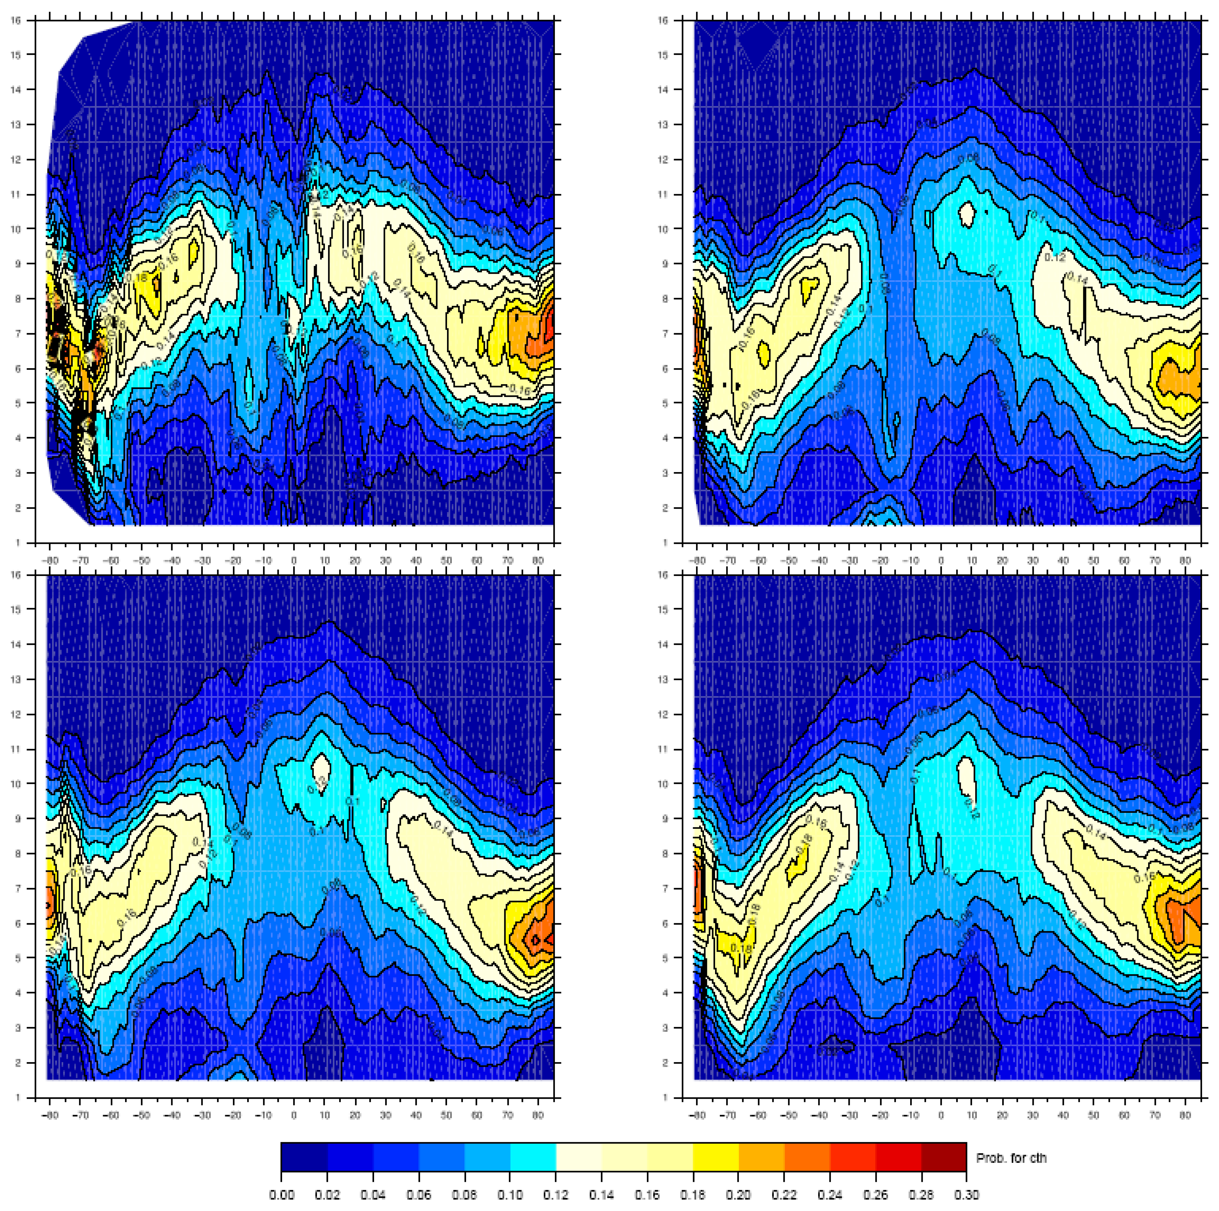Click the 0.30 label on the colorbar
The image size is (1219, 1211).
[966, 1195]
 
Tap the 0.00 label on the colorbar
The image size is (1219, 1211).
[281, 1195]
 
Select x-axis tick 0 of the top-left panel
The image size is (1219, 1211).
[293, 561]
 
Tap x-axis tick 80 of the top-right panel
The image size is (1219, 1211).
[1186, 561]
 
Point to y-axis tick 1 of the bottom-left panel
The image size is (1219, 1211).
[19, 1098]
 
